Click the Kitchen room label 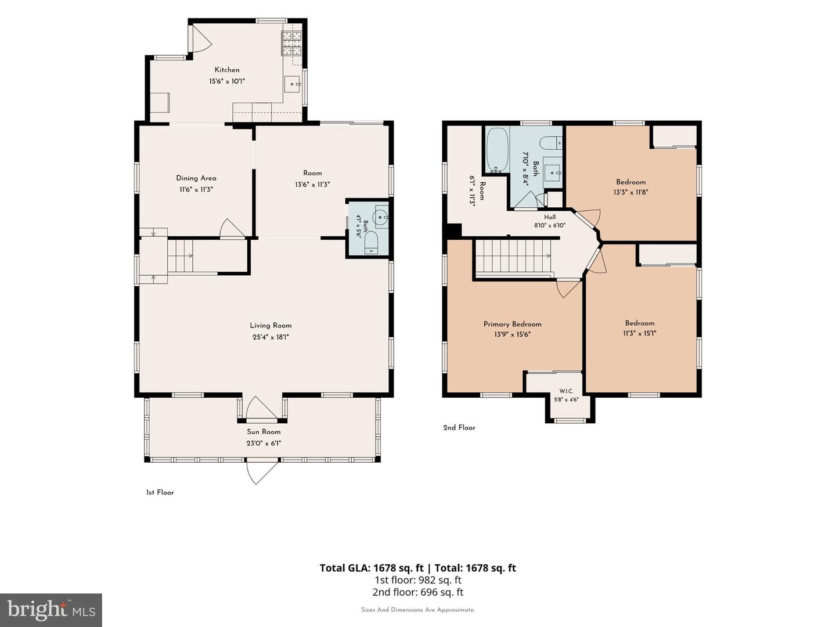tap(227, 70)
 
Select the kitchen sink tap(293, 84)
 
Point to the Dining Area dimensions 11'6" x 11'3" tap(196, 190)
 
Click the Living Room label tap(271, 326)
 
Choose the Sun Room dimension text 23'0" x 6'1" tap(264, 443)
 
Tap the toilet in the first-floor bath tap(370, 244)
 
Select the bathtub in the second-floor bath tap(498, 150)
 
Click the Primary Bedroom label tap(512, 324)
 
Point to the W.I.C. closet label tap(566, 391)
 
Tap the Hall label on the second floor tap(550, 217)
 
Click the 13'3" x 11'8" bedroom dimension tap(630, 192)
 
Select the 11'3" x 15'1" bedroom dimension tap(639, 333)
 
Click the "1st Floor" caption tap(160, 492)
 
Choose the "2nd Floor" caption tap(459, 427)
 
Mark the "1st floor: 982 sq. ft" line tap(418, 580)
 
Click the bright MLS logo tap(51, 610)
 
